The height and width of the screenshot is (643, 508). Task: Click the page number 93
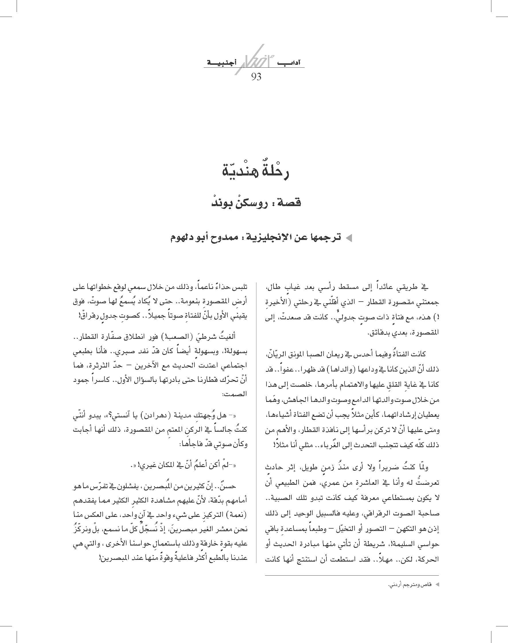(256, 77)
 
